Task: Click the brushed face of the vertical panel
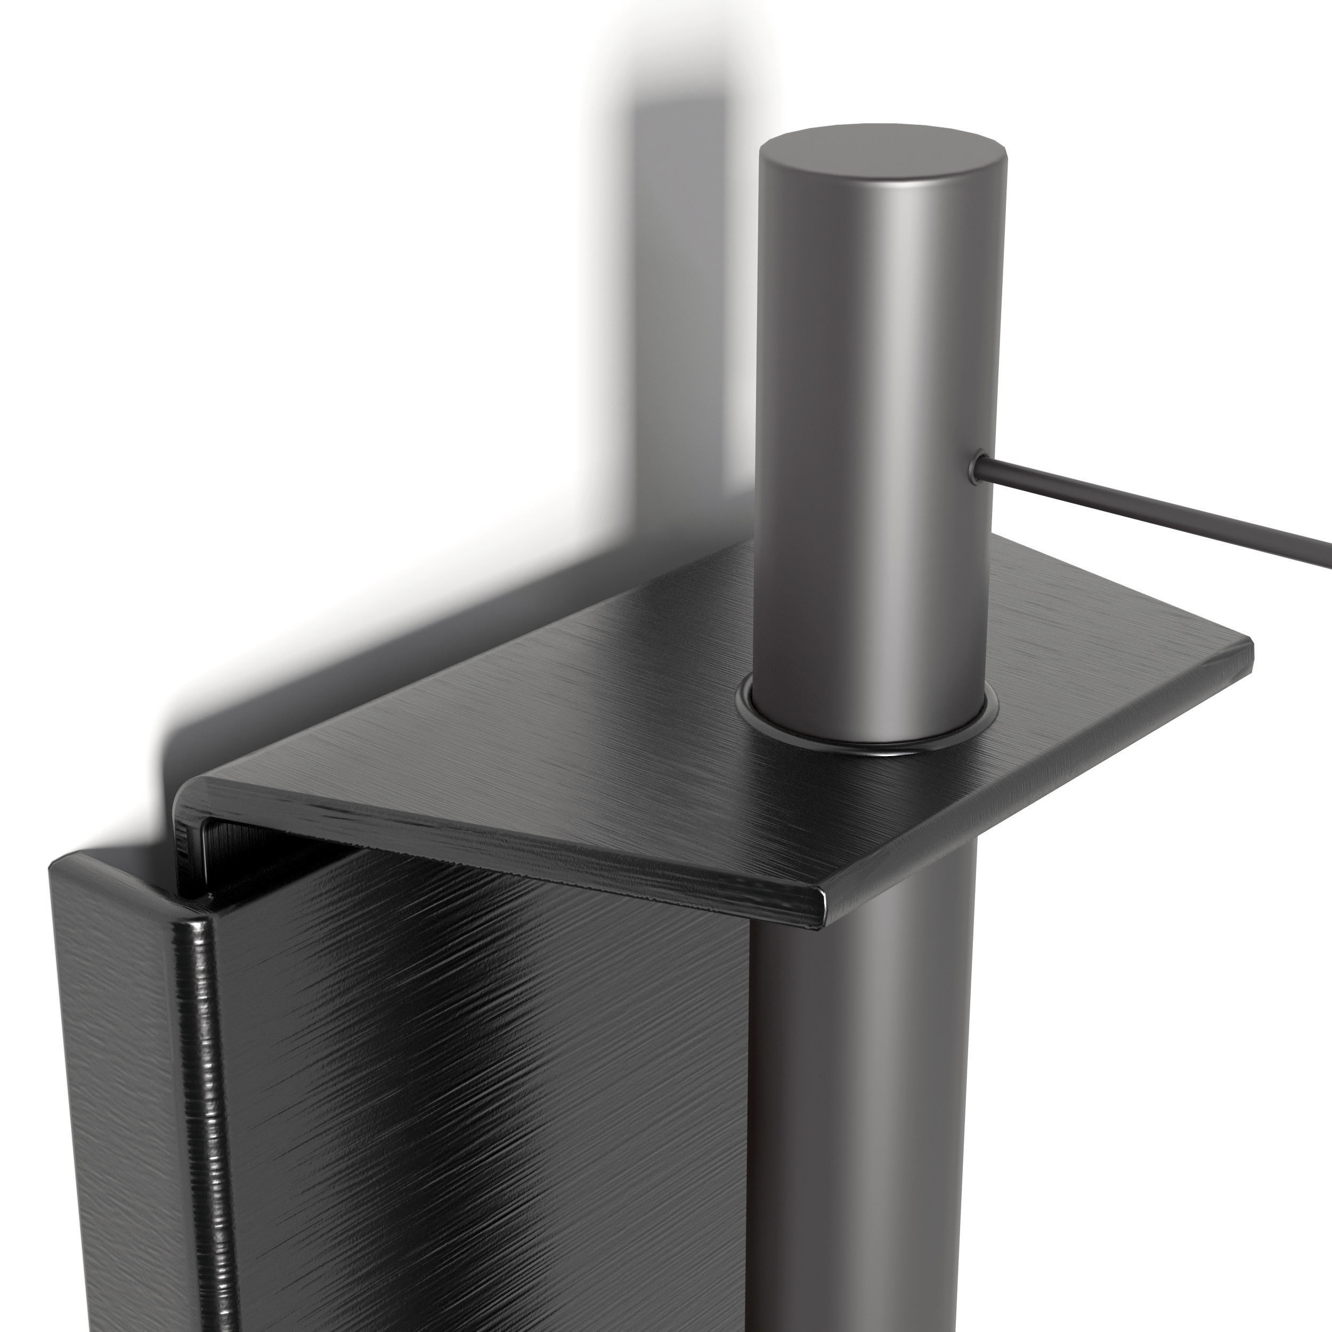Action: [x=483, y=1103]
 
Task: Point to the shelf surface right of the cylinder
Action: [x=1103, y=655]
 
